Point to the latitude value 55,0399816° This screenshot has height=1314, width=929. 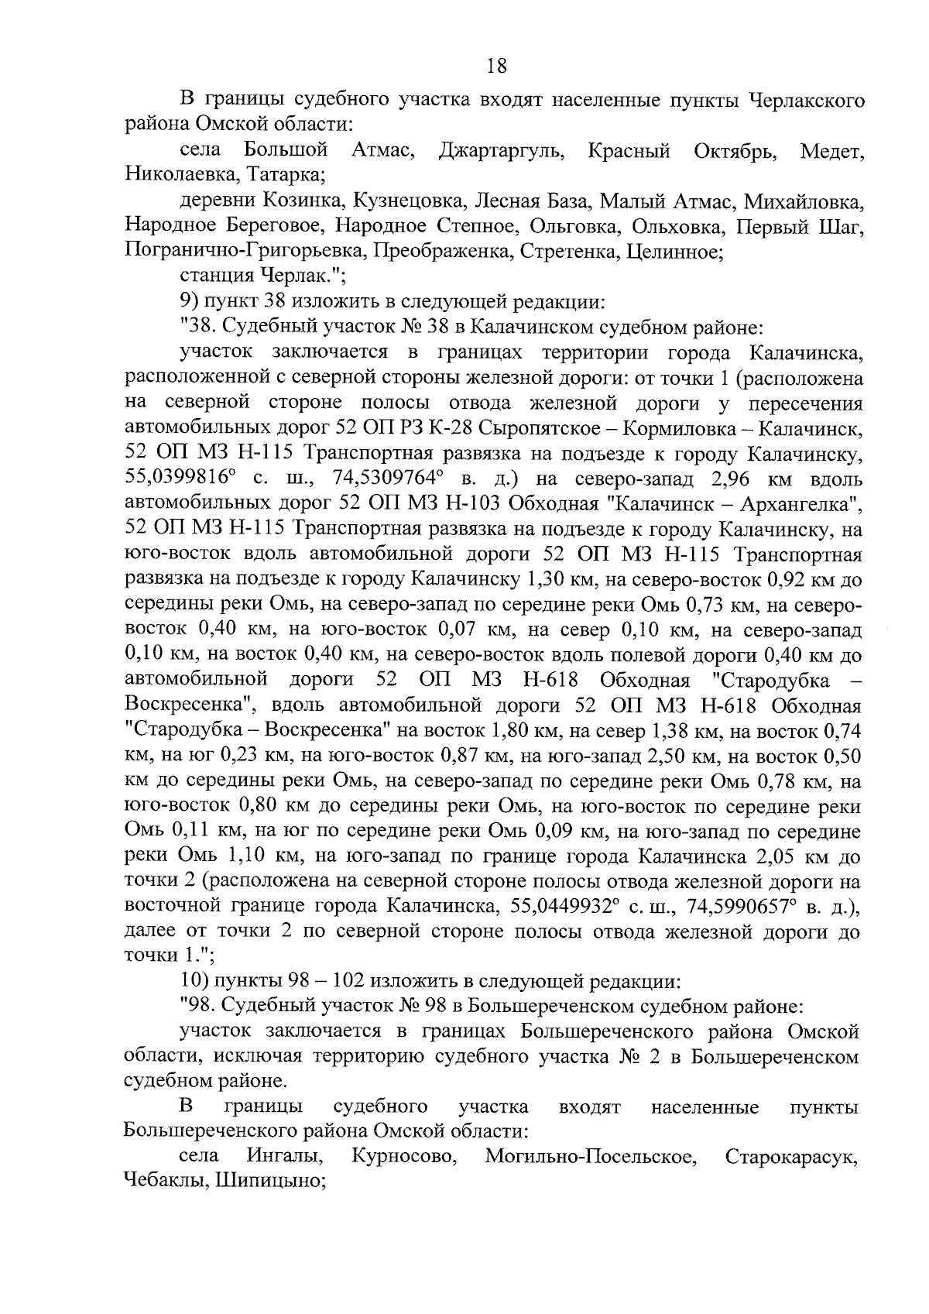[183, 479]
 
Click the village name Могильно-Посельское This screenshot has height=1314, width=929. [588, 1158]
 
